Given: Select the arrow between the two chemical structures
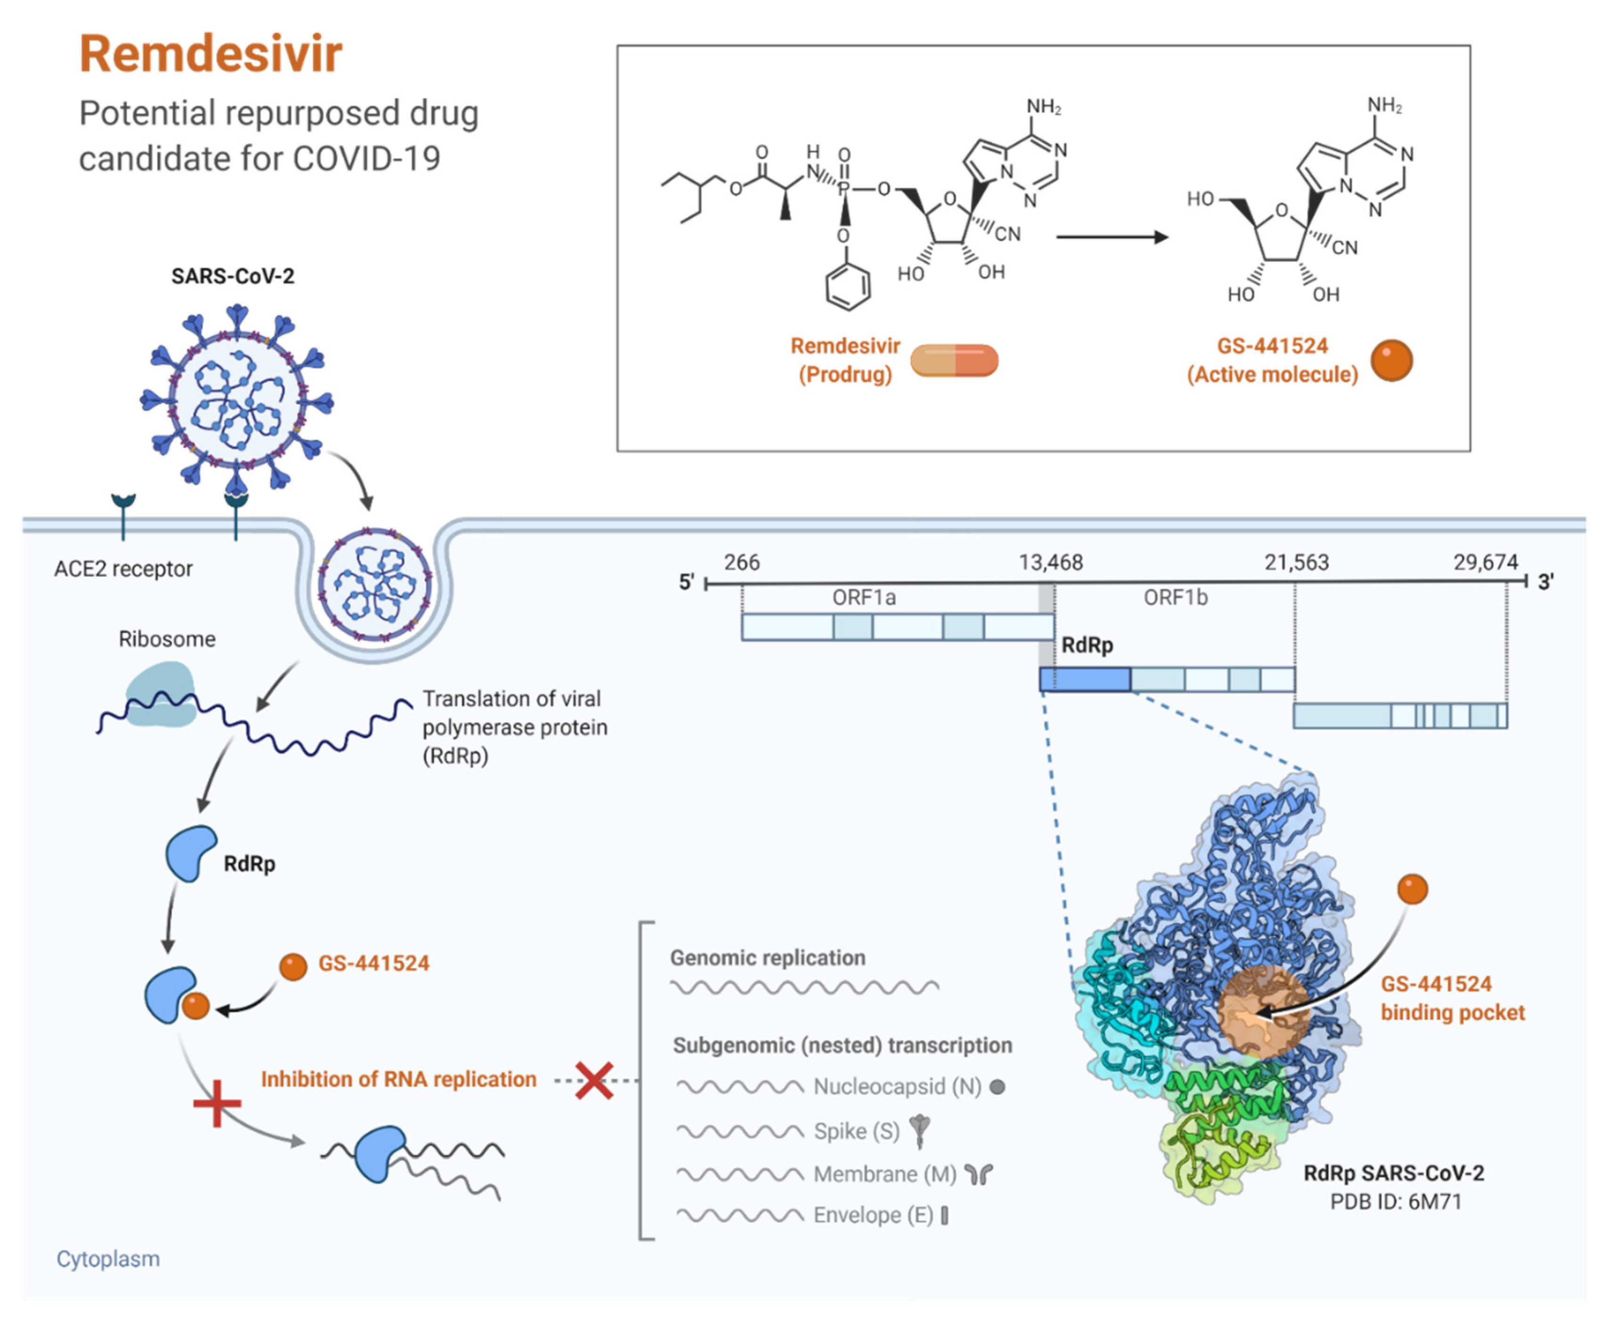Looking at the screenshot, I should click(x=1111, y=237).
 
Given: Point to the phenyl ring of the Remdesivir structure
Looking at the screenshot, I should click(x=848, y=287).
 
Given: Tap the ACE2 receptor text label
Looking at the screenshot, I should click(x=123, y=568).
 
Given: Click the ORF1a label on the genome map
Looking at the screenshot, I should click(x=864, y=598).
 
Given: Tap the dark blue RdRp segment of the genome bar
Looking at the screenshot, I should click(x=1085, y=679).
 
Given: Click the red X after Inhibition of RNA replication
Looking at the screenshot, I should click(x=594, y=1080).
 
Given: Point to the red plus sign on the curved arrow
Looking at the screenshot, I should click(x=218, y=1103).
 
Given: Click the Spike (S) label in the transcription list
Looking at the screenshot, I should click(x=856, y=1131).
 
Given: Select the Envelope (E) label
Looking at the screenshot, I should click(x=872, y=1215).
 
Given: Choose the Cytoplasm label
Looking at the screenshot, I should click(x=108, y=1259).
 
